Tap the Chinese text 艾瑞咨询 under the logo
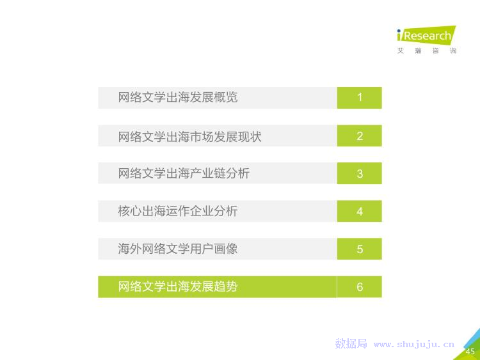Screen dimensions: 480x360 [x=427, y=51]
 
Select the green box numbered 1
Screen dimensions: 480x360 [x=360, y=98]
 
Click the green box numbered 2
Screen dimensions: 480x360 [x=360, y=136]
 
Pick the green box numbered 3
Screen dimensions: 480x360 [x=360, y=173]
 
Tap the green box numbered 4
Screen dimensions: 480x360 [x=360, y=211]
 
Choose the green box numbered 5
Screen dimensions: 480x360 [x=360, y=249]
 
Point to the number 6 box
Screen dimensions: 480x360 [x=360, y=286]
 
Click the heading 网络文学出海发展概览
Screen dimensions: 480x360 [x=178, y=97]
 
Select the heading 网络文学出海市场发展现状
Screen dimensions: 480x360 [x=190, y=136]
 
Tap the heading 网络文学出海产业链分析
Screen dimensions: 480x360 [x=184, y=173]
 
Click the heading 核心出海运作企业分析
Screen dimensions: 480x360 [x=178, y=211]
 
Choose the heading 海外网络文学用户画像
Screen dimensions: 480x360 [x=178, y=249]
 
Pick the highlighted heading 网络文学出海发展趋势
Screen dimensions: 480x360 [x=178, y=286]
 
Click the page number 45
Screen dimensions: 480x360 [x=470, y=352]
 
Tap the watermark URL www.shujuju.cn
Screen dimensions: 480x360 [x=414, y=345]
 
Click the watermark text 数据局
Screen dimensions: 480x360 [x=351, y=343]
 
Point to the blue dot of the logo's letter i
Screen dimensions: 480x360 [x=399, y=31]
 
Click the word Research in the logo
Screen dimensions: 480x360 [x=428, y=36]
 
